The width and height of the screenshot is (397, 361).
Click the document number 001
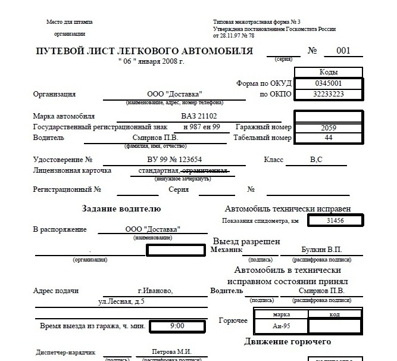pos(343,51)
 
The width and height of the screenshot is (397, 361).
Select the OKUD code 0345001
pos(329,83)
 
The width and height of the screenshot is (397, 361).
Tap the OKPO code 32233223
pos(329,94)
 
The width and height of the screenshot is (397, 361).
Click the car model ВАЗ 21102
pos(199,117)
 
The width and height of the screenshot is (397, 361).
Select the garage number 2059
pos(329,127)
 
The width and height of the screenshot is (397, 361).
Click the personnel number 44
pos(329,138)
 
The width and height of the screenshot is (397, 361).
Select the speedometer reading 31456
pos(335,220)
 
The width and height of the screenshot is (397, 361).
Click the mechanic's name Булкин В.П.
pos(321,250)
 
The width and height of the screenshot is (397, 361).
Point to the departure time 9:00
pos(177,326)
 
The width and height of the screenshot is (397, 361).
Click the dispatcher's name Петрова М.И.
pos(171,352)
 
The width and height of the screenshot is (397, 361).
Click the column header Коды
pos(329,71)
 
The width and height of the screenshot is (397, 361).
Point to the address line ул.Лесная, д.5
pos(121,302)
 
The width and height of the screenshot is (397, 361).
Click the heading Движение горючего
pos(287,342)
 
